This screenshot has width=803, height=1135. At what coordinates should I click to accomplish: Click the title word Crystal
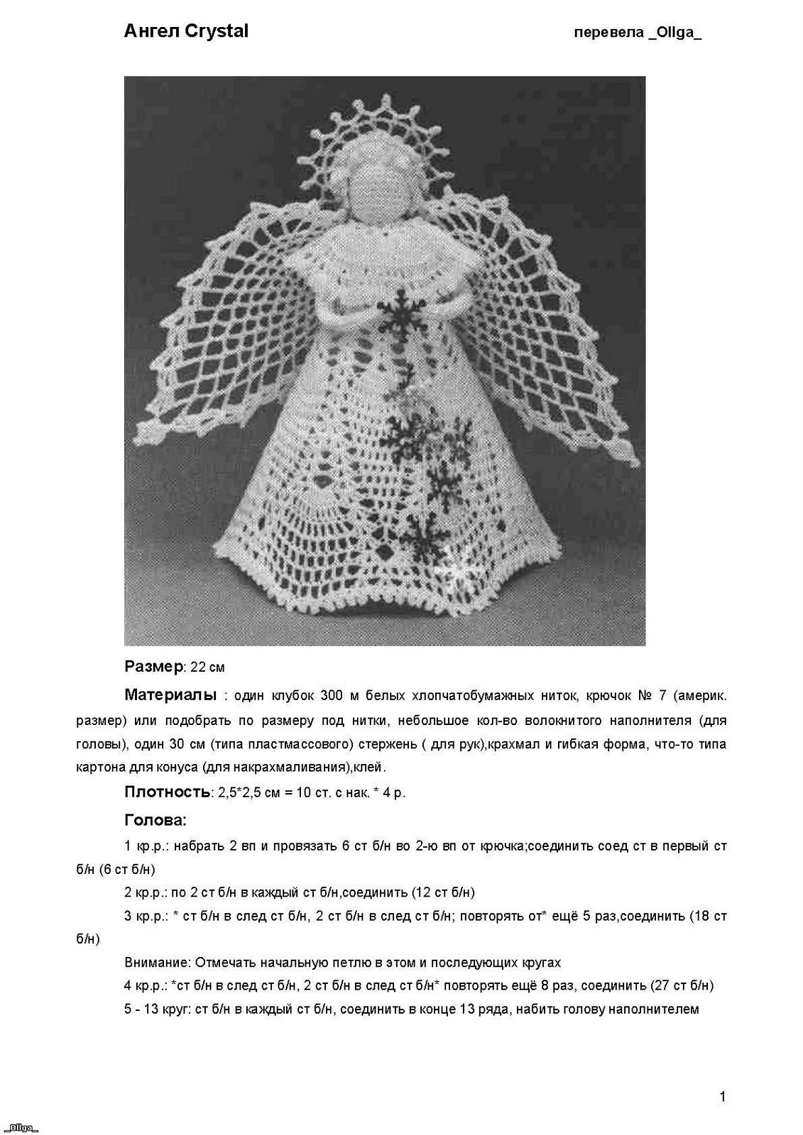pyautogui.click(x=216, y=31)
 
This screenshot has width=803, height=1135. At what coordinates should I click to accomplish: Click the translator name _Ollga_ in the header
pyautogui.click(x=674, y=33)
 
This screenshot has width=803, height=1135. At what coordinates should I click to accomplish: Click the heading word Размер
pyautogui.click(x=153, y=667)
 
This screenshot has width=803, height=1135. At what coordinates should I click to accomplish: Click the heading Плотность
pyautogui.click(x=167, y=792)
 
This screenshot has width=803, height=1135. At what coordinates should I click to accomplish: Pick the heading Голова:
pyautogui.click(x=155, y=821)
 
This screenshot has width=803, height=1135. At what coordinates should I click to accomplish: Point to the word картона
pyautogui.click(x=99, y=768)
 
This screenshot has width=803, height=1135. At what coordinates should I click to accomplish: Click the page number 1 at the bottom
pyautogui.click(x=723, y=1097)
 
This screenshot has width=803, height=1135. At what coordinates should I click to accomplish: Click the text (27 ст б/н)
pyautogui.click(x=681, y=986)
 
